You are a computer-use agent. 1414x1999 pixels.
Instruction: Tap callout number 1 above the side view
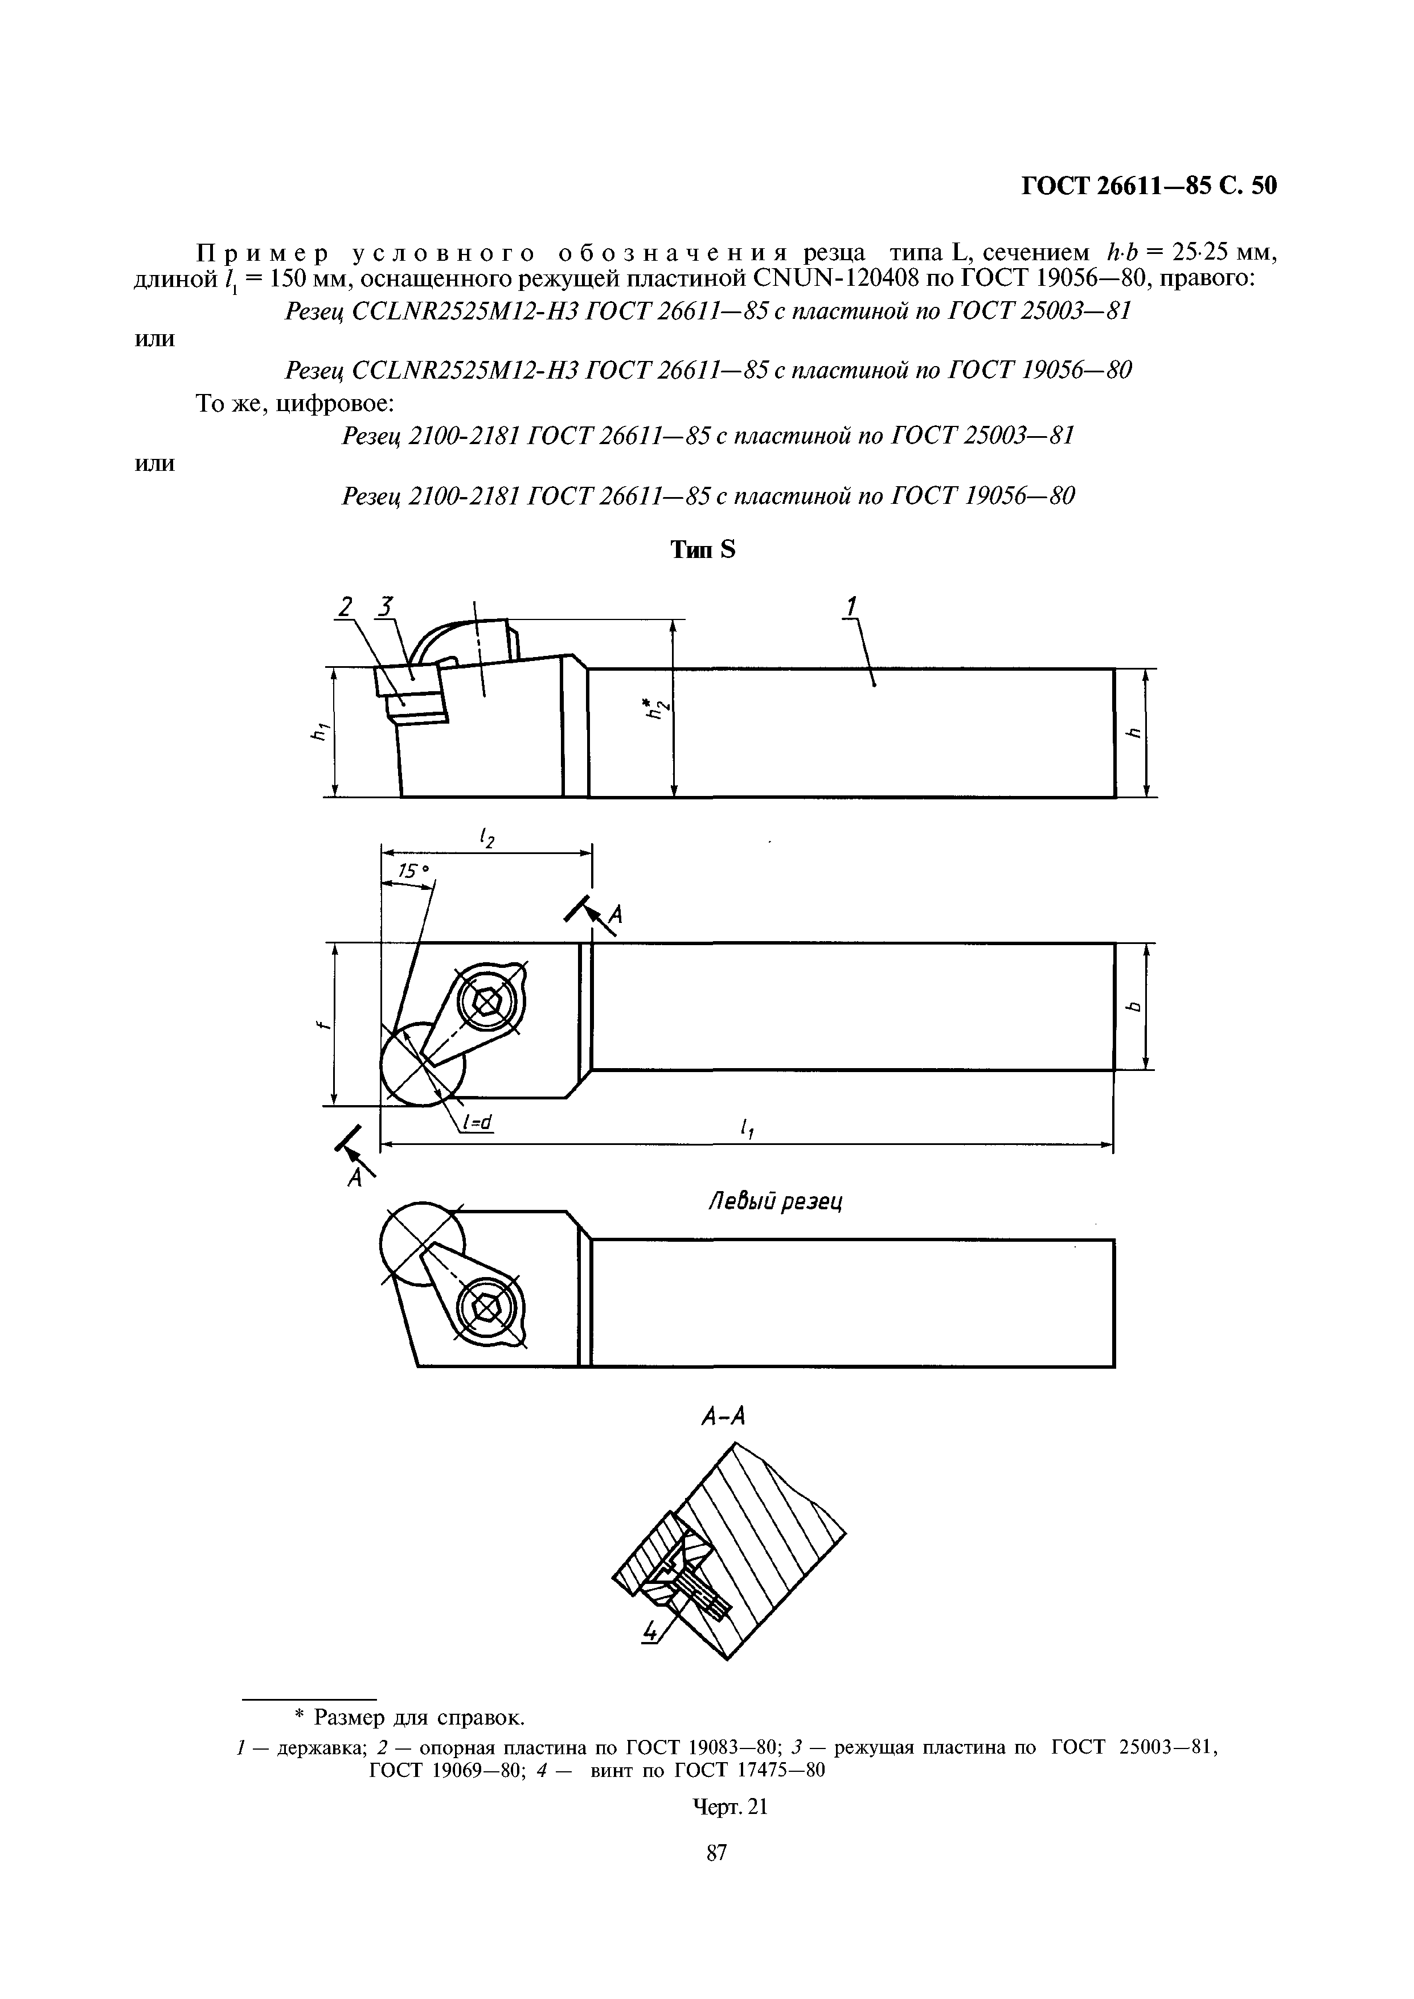pos(851,606)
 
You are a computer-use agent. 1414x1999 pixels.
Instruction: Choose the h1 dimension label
pos(317,733)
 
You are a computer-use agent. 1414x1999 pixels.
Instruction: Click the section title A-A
pos(723,1418)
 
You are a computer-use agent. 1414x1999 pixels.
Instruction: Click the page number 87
pos(716,1877)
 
